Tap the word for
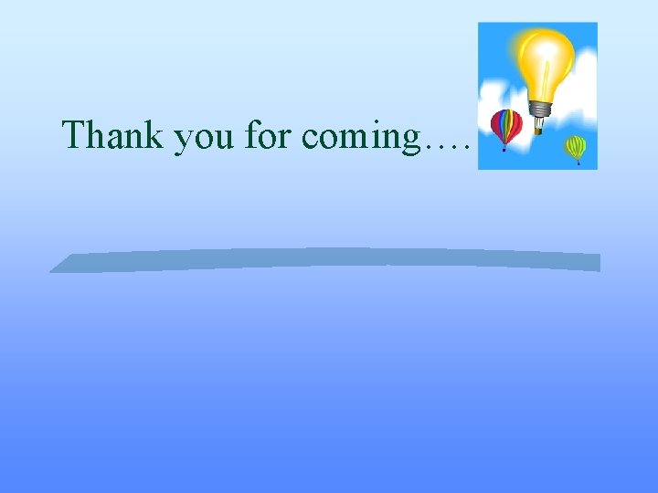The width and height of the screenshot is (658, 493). pos(268,135)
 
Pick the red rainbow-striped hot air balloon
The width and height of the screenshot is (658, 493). pos(505,125)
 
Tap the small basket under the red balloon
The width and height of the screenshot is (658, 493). pos(504,149)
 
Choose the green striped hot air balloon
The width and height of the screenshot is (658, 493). pos(575,146)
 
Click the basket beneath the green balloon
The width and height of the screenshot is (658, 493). pos(578,163)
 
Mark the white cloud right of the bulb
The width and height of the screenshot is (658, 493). pos(582,100)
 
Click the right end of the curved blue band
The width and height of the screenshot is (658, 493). pos(596,262)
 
